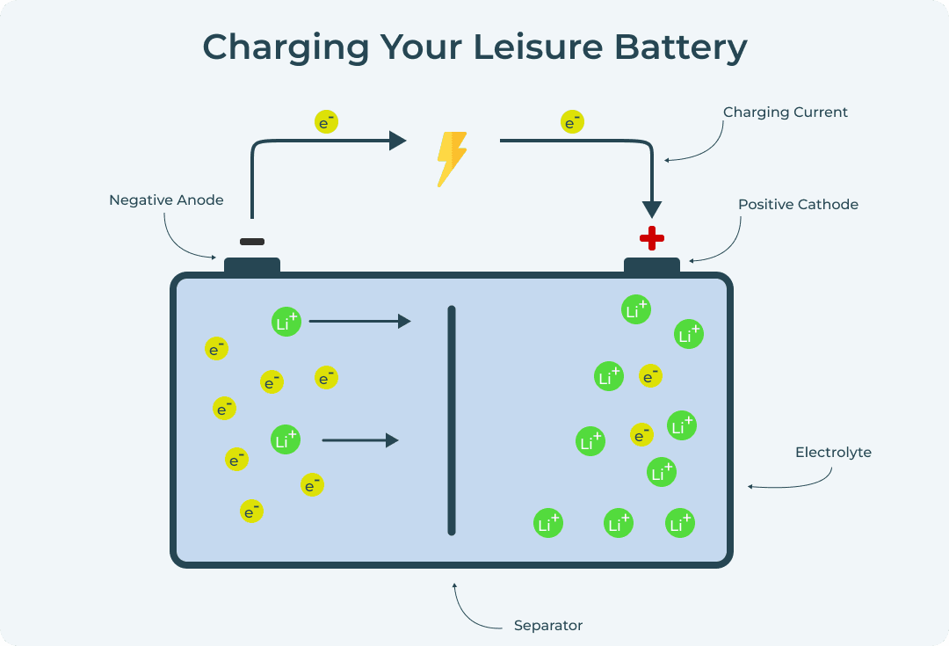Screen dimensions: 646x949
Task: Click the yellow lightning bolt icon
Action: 452,159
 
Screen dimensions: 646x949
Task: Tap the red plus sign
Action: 651,237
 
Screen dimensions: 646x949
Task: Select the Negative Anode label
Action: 166,200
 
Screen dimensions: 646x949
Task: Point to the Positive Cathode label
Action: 798,205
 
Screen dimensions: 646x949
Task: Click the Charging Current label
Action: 785,113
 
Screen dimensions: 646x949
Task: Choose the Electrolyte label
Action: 833,453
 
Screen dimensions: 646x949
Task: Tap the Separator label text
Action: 547,626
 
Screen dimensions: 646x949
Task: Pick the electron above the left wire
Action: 326,122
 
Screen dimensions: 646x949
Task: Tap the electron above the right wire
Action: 572,122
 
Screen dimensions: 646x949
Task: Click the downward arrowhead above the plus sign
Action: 651,209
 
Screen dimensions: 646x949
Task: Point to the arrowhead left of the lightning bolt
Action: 397,141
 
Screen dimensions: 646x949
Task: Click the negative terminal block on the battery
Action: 252,265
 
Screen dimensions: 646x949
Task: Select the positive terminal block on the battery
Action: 651,265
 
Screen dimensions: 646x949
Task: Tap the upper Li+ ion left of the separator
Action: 286,322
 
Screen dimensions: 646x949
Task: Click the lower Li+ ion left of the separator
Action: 286,439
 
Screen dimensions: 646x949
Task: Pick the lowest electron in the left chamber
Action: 251,511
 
